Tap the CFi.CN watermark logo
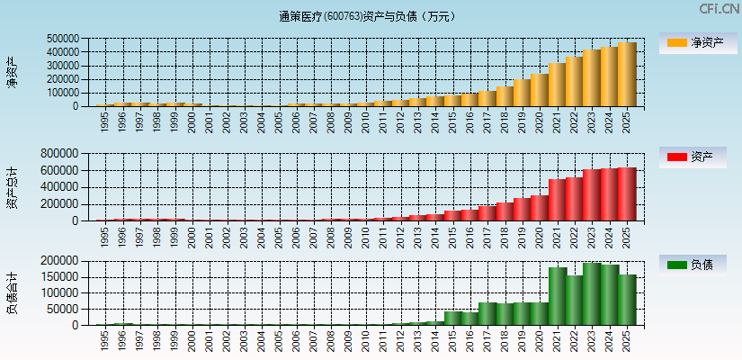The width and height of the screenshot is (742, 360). tap(720, 9)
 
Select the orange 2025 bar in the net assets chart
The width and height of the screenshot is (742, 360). tap(627, 75)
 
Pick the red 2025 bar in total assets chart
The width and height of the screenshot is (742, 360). tap(627, 194)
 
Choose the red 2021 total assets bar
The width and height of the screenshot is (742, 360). tap(557, 200)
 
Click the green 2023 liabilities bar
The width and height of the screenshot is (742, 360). tap(592, 294)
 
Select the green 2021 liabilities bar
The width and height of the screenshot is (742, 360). tap(557, 296)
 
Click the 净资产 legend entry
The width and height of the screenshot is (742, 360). tap(698, 43)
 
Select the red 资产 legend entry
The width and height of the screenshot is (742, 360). tap(698, 157)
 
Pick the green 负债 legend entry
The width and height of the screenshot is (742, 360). tap(698, 265)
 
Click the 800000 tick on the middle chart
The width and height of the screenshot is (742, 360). tap(63, 154)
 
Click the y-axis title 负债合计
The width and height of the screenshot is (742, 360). tap(12, 292)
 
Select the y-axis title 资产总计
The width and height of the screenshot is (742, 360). tap(12, 187)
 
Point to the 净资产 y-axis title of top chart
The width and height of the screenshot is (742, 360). tap(12, 72)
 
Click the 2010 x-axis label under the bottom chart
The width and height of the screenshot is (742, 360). tap(365, 339)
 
